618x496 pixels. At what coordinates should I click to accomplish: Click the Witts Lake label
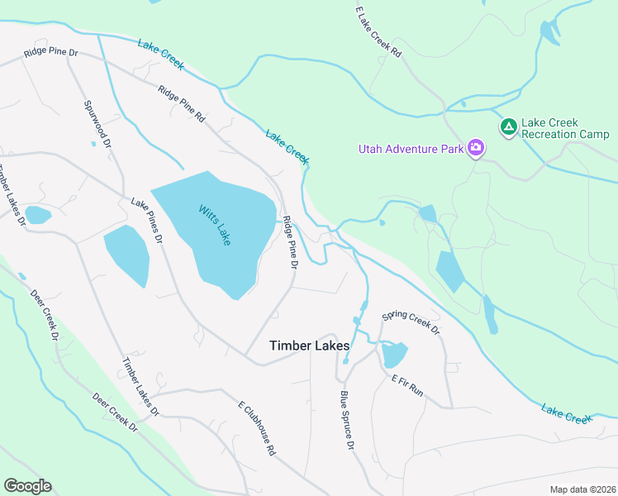[x=214, y=224]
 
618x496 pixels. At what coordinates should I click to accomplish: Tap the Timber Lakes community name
[x=309, y=346]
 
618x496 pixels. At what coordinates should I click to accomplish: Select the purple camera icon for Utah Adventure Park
[x=475, y=148]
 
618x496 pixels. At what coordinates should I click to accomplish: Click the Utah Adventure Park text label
[x=410, y=149]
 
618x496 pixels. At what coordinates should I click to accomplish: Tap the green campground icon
[x=508, y=126]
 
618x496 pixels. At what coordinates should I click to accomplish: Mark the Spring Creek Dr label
[x=411, y=322]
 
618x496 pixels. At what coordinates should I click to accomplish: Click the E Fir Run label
[x=407, y=385]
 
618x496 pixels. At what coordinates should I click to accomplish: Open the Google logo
[x=27, y=486]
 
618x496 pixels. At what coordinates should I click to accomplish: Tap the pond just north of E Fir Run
[x=393, y=355]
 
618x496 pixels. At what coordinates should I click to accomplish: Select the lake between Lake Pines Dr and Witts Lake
[x=126, y=255]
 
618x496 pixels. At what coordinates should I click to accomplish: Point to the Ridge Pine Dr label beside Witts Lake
[x=289, y=242]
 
